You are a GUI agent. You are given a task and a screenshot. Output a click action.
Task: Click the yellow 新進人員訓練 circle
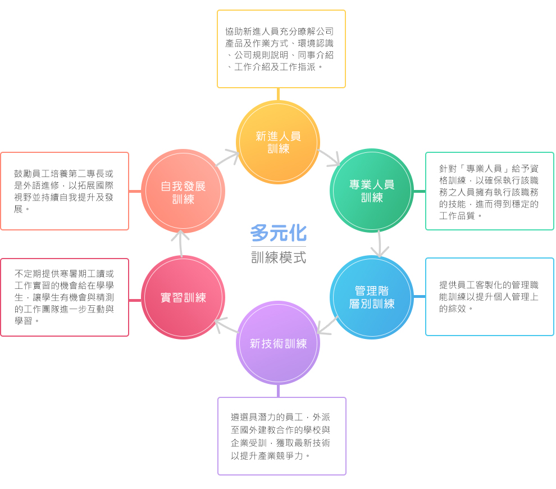click(x=278, y=142)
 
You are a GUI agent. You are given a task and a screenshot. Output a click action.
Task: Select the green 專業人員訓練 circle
click(x=372, y=191)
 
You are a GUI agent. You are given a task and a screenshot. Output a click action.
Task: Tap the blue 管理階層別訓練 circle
click(x=372, y=297)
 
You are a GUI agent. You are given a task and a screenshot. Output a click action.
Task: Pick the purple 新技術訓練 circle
click(x=278, y=343)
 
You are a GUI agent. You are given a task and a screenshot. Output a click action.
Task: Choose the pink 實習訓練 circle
click(x=183, y=297)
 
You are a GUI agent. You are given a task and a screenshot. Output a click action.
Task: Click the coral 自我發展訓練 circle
click(x=183, y=192)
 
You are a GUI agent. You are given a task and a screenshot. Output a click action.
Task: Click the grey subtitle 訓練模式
click(x=278, y=257)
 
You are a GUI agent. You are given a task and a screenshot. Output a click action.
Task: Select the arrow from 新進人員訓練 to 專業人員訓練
click(x=330, y=159)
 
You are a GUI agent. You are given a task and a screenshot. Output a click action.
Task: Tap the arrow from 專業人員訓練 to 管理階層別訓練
click(x=380, y=244)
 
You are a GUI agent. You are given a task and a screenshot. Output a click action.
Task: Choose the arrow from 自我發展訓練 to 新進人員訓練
click(x=228, y=158)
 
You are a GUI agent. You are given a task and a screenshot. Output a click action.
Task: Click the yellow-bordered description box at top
click(x=281, y=49)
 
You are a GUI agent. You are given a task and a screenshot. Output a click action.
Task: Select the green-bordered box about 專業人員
click(x=489, y=191)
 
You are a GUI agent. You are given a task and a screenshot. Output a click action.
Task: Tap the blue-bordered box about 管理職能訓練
click(x=489, y=297)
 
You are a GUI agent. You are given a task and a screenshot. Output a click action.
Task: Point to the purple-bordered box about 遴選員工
click(x=281, y=436)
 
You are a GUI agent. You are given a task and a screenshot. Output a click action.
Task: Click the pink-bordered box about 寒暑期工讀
click(x=65, y=297)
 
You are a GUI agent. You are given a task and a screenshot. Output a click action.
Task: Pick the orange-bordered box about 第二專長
click(x=65, y=191)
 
